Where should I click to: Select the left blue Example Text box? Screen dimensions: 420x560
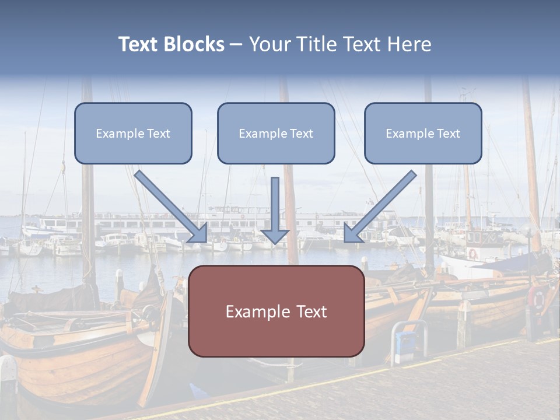[x=133, y=133]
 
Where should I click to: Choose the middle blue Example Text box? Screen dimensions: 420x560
[x=276, y=133]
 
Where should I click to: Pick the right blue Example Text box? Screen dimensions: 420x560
[x=423, y=133]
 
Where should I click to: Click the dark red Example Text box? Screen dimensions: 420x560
[x=276, y=311]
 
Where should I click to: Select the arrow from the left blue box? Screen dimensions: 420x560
[x=172, y=207]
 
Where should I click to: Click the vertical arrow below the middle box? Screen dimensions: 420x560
[x=275, y=210]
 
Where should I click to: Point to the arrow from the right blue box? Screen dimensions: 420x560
[x=379, y=207]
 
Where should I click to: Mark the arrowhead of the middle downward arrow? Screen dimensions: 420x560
[x=275, y=236]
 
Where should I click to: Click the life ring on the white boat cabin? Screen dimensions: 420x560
[x=473, y=254]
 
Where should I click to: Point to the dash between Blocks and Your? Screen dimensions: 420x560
[x=236, y=44]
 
